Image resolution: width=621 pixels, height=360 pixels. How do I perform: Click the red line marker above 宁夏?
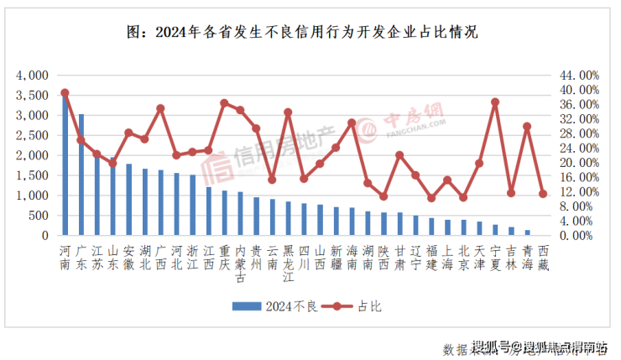(495, 102)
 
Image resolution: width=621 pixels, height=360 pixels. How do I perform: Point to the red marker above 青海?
(527, 127)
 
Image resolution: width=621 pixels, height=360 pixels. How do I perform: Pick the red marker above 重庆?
(224, 103)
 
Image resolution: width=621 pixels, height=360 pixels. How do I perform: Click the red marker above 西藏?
(543, 194)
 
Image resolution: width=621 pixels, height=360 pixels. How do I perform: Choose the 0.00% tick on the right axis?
(580, 236)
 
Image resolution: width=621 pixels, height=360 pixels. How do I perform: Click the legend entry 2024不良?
(276, 306)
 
